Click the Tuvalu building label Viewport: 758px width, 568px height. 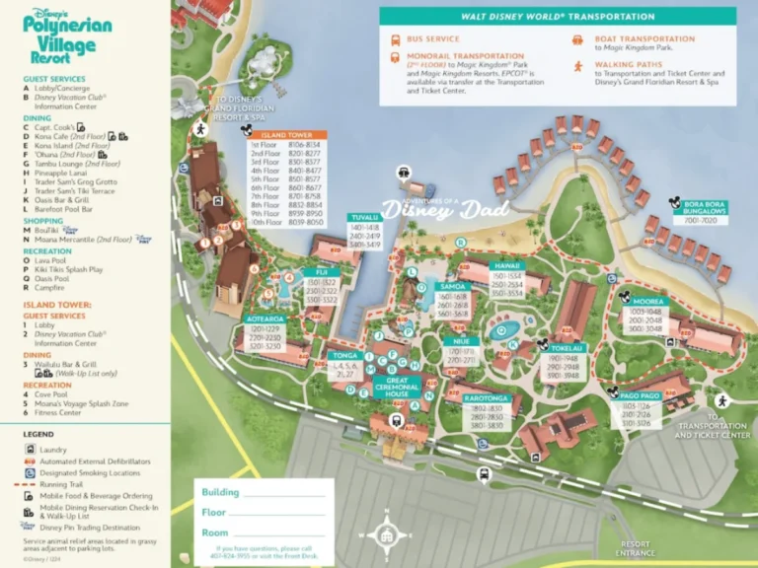pyautogui.click(x=364, y=217)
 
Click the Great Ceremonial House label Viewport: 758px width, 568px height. pyautogui.click(x=397, y=386)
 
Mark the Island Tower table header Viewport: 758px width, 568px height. pyautogui.click(x=286, y=134)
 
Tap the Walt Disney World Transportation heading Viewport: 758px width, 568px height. pyautogui.click(x=558, y=17)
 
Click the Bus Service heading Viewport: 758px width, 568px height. pyautogui.click(x=432, y=39)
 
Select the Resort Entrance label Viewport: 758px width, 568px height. pyautogui.click(x=636, y=546)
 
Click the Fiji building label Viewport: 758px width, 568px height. pyautogui.click(x=322, y=271)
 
